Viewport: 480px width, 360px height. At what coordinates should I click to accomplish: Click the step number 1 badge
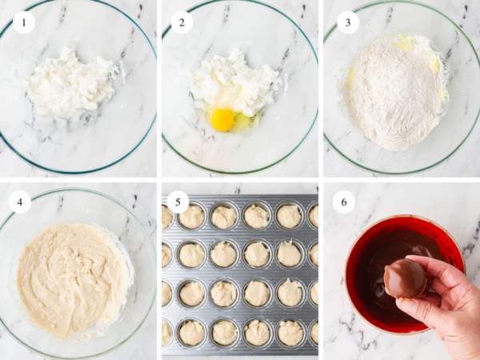click(x=25, y=22)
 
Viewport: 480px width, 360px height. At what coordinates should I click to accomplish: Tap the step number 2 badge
click(x=182, y=22)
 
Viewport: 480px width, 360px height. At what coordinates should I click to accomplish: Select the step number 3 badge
click(x=345, y=22)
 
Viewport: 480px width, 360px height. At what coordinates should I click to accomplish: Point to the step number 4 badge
click(x=20, y=202)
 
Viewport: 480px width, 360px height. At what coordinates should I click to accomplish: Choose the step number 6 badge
click(x=344, y=202)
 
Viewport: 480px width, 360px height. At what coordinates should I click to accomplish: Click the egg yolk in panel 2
click(x=222, y=120)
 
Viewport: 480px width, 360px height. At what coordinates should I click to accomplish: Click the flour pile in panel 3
click(x=392, y=92)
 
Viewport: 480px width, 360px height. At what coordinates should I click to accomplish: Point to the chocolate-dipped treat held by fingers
click(x=405, y=277)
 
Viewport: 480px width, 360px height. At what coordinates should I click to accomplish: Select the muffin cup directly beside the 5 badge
click(x=192, y=216)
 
